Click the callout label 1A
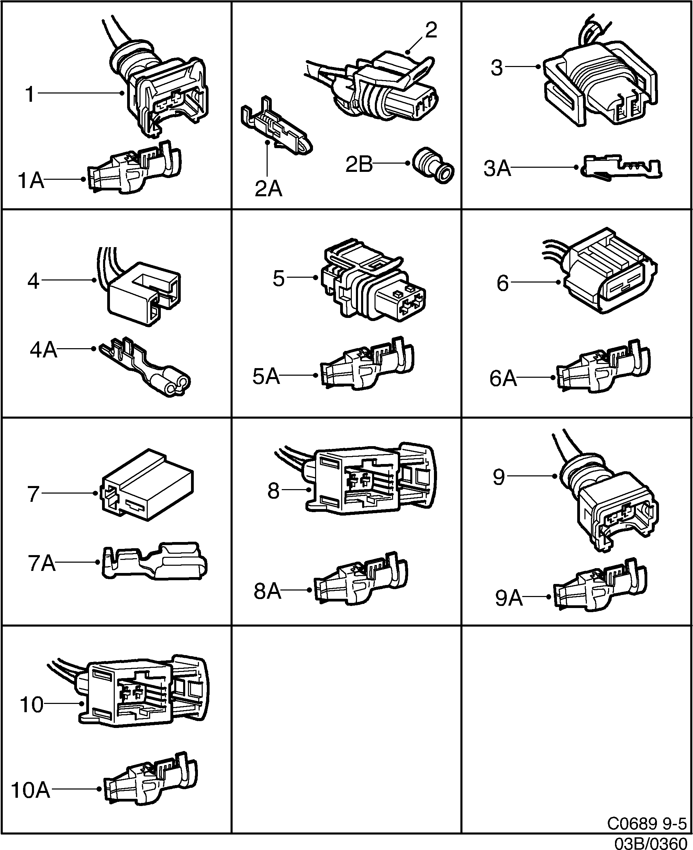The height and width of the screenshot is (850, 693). (31, 180)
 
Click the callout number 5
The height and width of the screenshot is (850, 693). (279, 279)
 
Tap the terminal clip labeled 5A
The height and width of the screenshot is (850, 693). (367, 365)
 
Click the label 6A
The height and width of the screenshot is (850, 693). (503, 378)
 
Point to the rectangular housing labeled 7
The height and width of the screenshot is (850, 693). (148, 485)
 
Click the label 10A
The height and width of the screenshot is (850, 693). (31, 790)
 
